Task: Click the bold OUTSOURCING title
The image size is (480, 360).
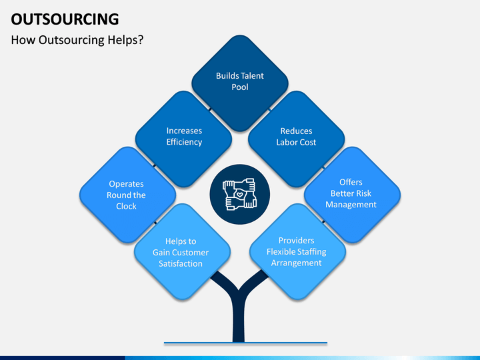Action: (x=65, y=19)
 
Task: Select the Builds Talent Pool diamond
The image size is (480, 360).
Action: (x=240, y=83)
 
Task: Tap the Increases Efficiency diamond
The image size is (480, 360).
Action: (x=184, y=139)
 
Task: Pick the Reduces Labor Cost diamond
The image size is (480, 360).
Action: (x=296, y=139)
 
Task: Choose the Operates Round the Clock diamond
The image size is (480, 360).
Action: (x=127, y=195)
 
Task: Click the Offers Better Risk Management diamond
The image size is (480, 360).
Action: (x=353, y=195)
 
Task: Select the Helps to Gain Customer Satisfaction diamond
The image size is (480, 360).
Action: (x=182, y=251)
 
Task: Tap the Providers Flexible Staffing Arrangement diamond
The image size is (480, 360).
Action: (x=298, y=251)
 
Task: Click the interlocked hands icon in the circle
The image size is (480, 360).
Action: (x=240, y=195)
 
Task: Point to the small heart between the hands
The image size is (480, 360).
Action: (x=240, y=195)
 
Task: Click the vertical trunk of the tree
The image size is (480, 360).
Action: (x=239, y=319)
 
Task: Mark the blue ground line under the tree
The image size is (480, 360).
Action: (x=245, y=343)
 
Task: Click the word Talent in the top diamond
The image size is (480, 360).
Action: (x=251, y=75)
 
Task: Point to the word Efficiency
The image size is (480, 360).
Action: (x=184, y=142)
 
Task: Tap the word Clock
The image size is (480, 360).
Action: (x=126, y=206)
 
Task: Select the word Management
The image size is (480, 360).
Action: (x=351, y=205)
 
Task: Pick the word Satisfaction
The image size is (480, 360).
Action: (x=181, y=263)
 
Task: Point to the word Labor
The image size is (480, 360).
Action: (x=286, y=143)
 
